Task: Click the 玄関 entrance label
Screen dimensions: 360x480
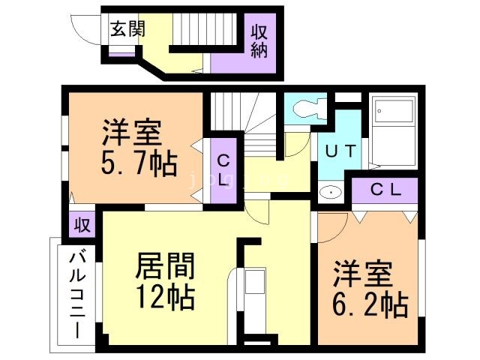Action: pos(127,29)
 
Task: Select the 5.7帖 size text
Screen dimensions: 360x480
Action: pos(139,163)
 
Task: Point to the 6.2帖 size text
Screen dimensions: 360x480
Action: pos(369,305)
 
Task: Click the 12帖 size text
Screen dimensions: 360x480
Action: pos(165,297)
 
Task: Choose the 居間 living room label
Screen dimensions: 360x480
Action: pos(165,265)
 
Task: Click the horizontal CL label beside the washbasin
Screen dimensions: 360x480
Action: pos(387,190)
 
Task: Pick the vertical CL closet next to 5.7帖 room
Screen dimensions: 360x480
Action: pos(223,170)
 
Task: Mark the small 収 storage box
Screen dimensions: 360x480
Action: pos(82,223)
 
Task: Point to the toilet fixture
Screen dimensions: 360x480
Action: pos(304,109)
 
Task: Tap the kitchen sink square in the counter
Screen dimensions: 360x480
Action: pos(253,282)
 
